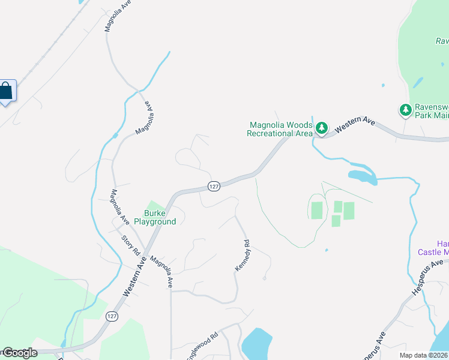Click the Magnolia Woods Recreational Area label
tap(280, 129)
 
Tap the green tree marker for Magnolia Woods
tap(322, 127)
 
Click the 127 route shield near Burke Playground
tap(214, 186)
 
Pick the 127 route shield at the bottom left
tap(110, 316)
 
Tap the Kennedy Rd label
tap(242, 255)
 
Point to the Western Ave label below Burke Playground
tap(134, 277)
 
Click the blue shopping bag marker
tap(6, 92)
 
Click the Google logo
tap(19, 353)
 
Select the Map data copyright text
tap(423, 355)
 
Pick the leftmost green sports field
tap(316, 211)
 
